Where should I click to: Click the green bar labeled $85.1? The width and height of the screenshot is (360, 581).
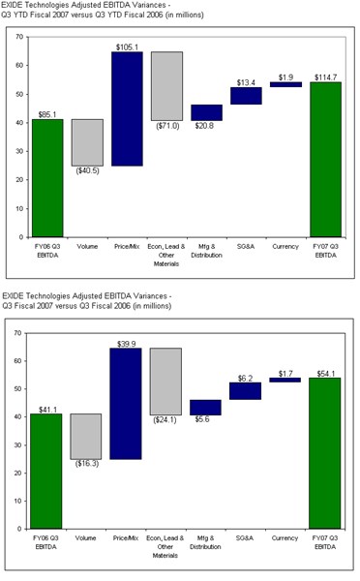[47, 177]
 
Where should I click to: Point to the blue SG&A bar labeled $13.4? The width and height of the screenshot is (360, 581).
[246, 96]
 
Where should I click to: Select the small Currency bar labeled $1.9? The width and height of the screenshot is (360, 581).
[285, 84]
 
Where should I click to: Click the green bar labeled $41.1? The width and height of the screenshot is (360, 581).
[47, 471]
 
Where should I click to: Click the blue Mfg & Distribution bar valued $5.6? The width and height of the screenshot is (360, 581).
[206, 407]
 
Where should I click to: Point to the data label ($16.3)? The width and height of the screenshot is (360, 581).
[87, 464]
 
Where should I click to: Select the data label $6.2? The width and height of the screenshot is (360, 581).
[246, 379]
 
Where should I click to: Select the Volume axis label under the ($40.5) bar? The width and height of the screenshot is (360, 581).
[87, 248]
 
